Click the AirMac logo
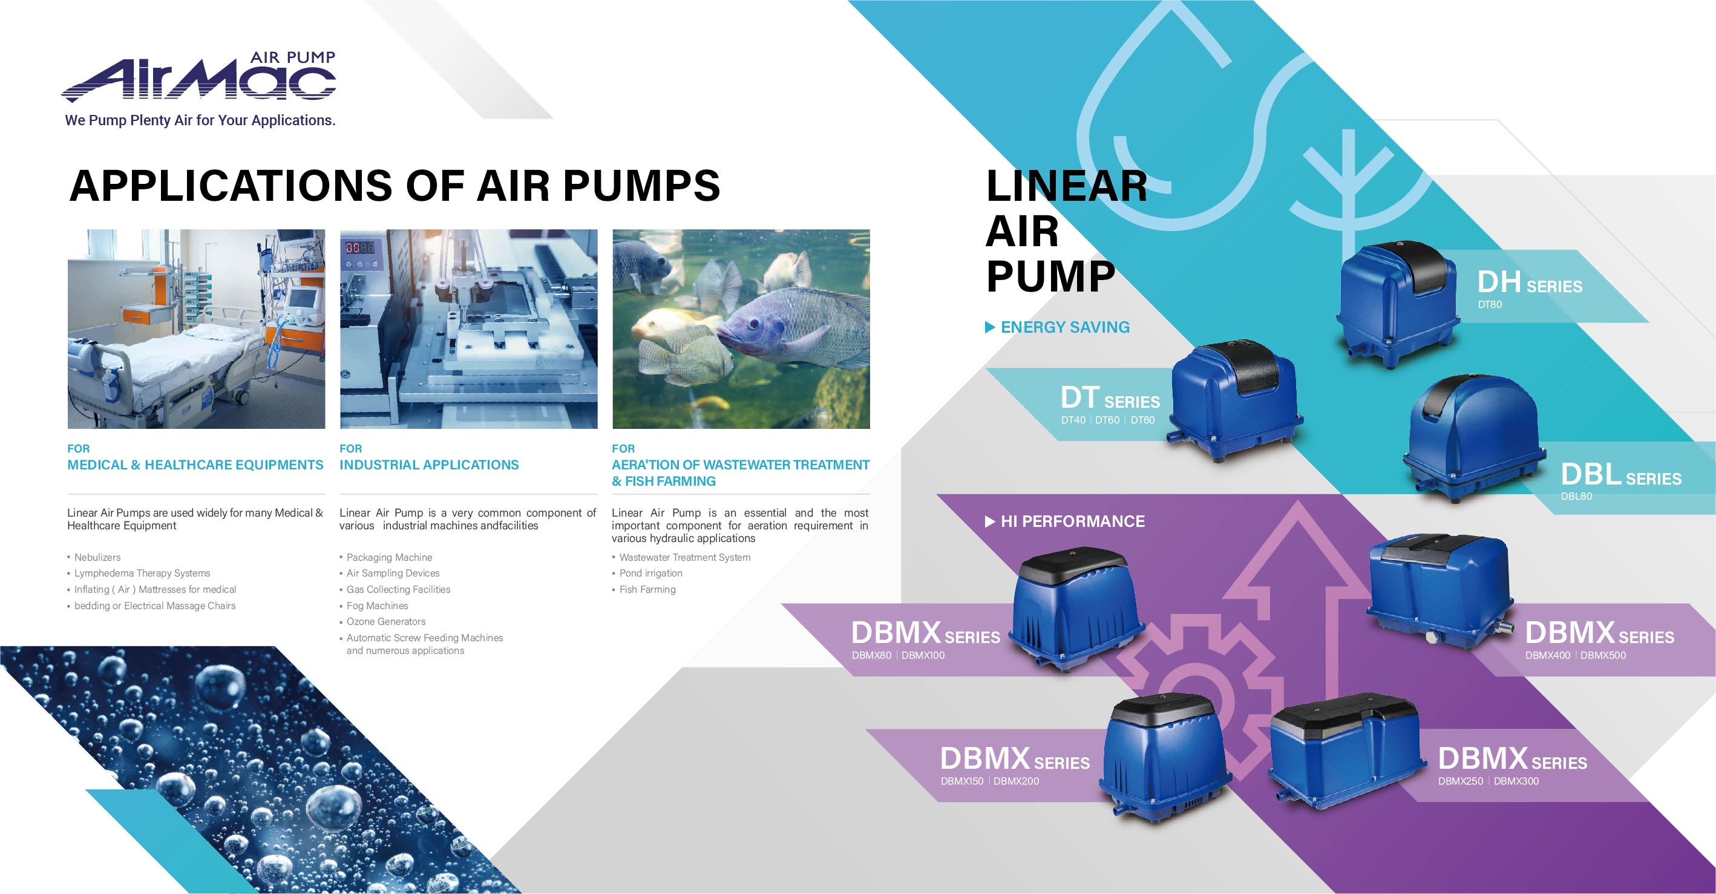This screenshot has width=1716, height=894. pos(198,77)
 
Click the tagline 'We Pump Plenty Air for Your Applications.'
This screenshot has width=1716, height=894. pos(200,120)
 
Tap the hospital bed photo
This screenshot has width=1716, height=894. pos(197,329)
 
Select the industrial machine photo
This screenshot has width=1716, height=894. pos(468,329)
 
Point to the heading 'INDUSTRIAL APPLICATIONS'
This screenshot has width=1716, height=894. pos(429,465)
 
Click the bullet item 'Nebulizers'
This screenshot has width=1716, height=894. pos(97,557)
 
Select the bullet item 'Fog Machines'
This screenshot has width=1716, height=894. pos(377,605)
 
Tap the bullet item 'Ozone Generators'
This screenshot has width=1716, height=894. pos(385,622)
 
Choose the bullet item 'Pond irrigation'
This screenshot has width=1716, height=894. pos(651,573)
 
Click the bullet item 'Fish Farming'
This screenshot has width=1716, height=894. pos(647,590)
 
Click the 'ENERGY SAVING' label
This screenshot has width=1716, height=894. pos(1065,327)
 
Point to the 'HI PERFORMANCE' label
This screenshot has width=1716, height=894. pos(1072,521)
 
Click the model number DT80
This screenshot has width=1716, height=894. pos(1490,304)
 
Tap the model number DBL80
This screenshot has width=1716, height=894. pos(1576,496)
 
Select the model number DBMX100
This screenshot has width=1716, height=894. pos(923,655)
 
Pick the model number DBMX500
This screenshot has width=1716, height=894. pos(1603,655)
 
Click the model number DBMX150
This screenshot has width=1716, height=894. pos(961,781)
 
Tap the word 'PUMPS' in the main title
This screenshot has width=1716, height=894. pos(641,185)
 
